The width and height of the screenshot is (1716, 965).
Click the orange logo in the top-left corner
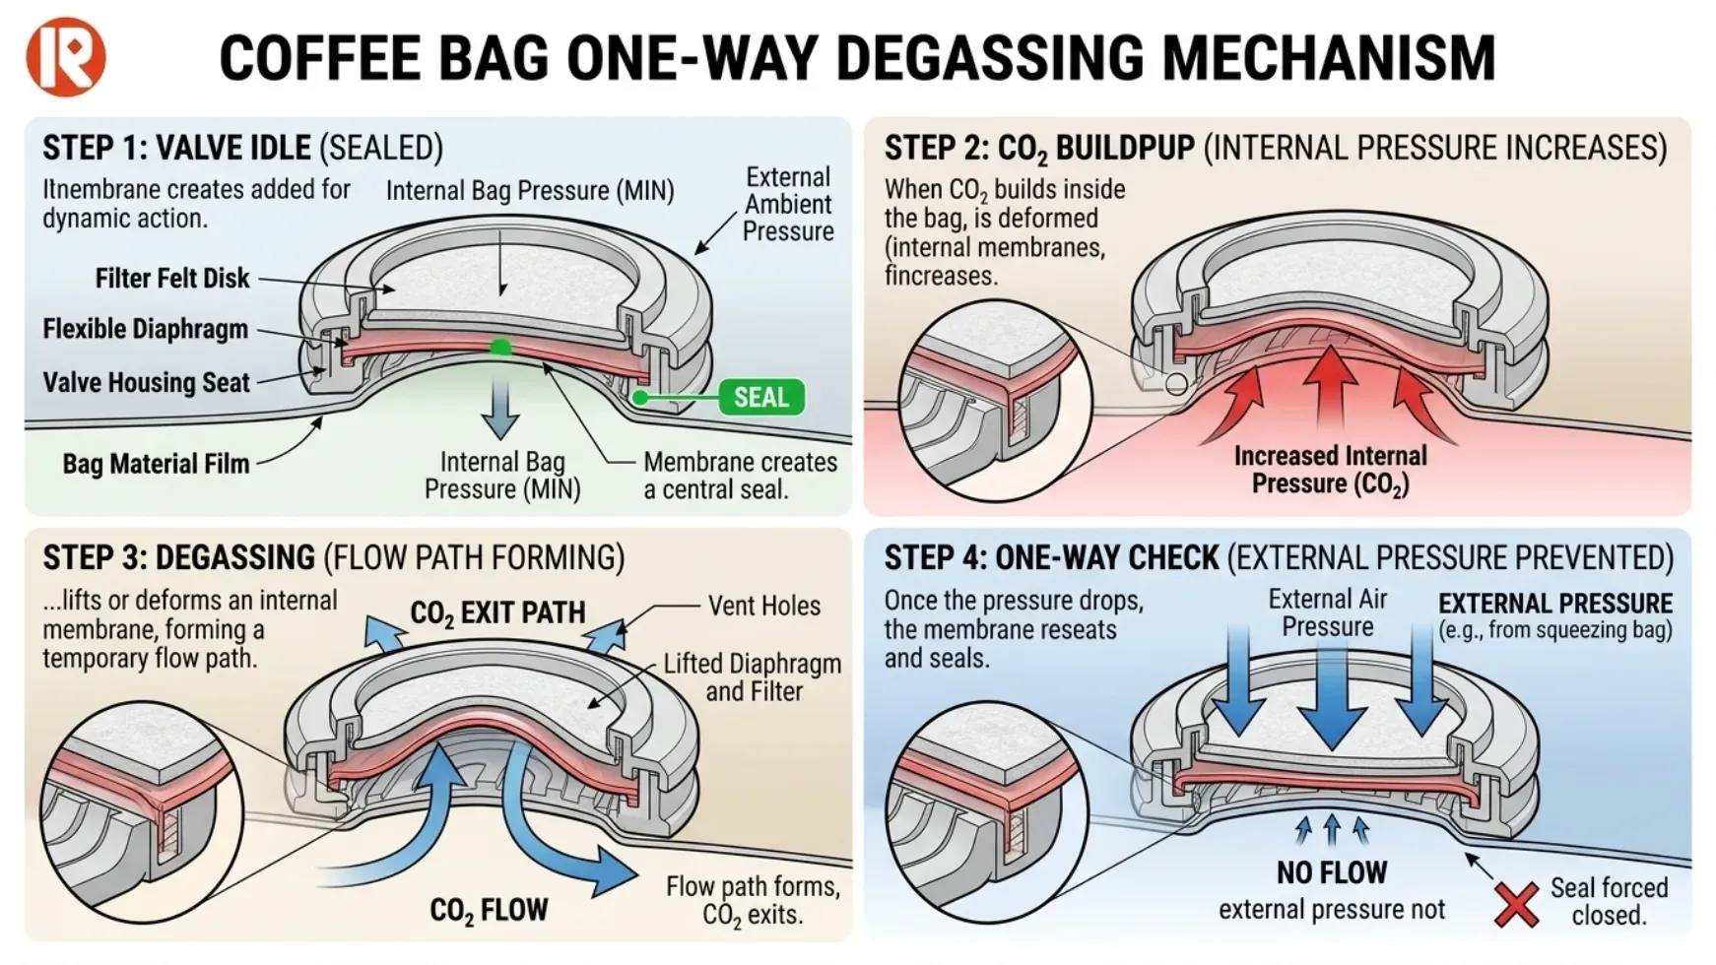pos(65,56)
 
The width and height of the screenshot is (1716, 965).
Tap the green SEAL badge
pos(761,397)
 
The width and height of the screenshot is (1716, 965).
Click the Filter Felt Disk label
pos(172,279)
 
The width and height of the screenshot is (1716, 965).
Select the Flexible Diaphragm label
pos(145,329)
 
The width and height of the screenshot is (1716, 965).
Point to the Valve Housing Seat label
pos(146,382)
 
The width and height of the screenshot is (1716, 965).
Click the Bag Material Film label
pos(156,464)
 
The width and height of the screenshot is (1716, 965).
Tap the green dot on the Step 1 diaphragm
pos(500,347)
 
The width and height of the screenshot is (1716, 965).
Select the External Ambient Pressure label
pos(787,204)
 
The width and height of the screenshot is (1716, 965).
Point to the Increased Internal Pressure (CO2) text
pos(1330,470)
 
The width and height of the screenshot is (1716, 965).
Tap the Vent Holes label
pos(763,606)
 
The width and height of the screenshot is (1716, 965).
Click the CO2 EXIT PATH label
pos(497,612)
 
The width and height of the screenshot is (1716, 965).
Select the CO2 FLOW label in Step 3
pos(489,910)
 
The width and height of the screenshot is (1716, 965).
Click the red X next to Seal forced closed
pos(1516,904)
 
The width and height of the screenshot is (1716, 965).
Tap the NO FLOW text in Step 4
pos(1332,872)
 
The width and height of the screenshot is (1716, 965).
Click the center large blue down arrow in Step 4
pos(1332,689)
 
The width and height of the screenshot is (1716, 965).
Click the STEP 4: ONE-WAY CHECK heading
pos(1051,558)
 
